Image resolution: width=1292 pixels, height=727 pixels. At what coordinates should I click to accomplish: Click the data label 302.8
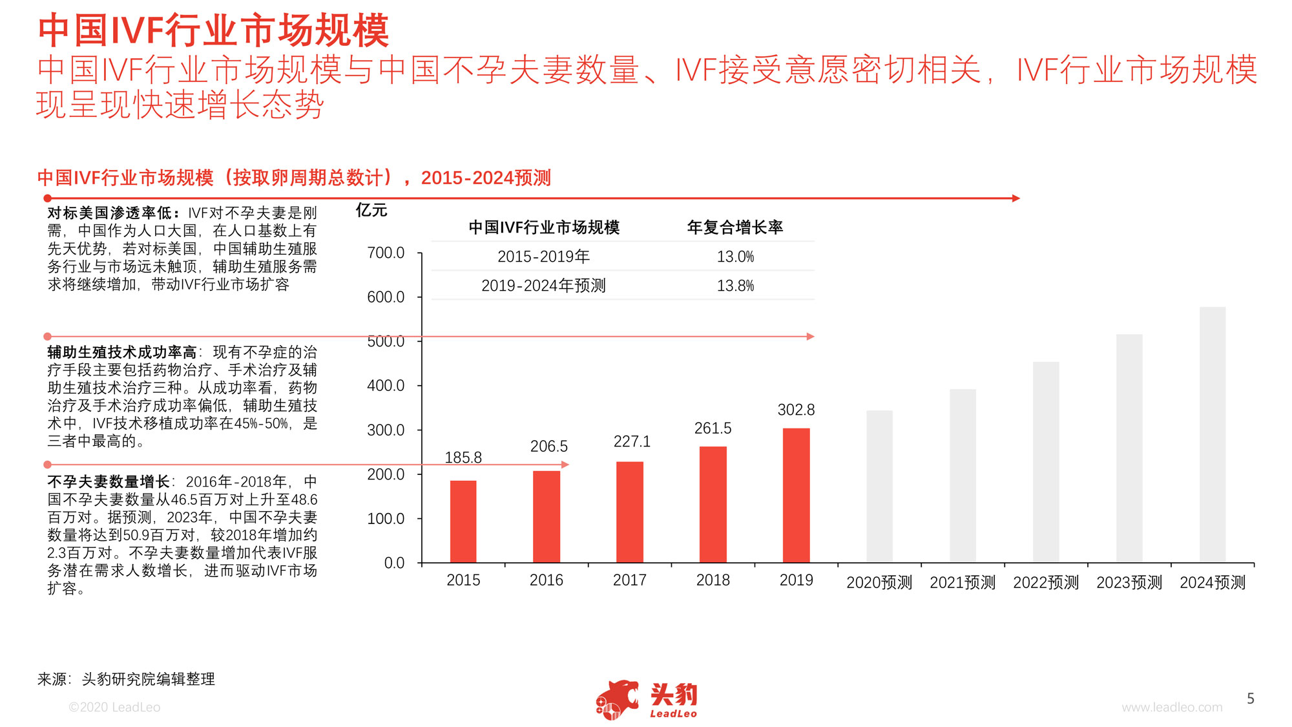pyautogui.click(x=796, y=410)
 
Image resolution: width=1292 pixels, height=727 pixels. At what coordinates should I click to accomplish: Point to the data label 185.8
pyautogui.click(x=463, y=458)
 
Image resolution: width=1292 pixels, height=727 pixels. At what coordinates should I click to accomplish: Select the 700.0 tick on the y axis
pyautogui.click(x=386, y=253)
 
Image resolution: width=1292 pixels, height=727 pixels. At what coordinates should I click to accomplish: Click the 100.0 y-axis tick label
pyautogui.click(x=386, y=518)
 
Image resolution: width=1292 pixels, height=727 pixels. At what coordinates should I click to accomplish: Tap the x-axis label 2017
pyautogui.click(x=629, y=580)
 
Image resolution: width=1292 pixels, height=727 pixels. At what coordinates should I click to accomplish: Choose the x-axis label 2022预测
pyautogui.click(x=1046, y=582)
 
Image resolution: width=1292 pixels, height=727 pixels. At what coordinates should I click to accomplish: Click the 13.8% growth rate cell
pyautogui.click(x=735, y=286)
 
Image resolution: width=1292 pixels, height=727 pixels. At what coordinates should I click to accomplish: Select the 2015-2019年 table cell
pyautogui.click(x=543, y=257)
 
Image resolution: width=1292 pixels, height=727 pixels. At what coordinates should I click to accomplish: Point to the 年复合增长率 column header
pyautogui.click(x=735, y=227)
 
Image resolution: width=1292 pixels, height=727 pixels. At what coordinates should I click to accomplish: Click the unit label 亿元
pyautogui.click(x=371, y=210)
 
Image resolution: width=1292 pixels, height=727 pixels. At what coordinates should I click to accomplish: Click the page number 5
pyautogui.click(x=1250, y=699)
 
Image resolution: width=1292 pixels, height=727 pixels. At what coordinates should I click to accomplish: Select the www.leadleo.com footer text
pyautogui.click(x=1172, y=707)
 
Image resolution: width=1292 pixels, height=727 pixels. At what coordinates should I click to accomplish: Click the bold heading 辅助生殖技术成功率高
pyautogui.click(x=121, y=352)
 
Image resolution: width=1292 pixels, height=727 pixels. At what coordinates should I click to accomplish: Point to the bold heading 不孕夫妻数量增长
pyautogui.click(x=108, y=481)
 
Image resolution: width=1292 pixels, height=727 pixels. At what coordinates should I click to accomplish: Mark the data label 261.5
pyautogui.click(x=713, y=428)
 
